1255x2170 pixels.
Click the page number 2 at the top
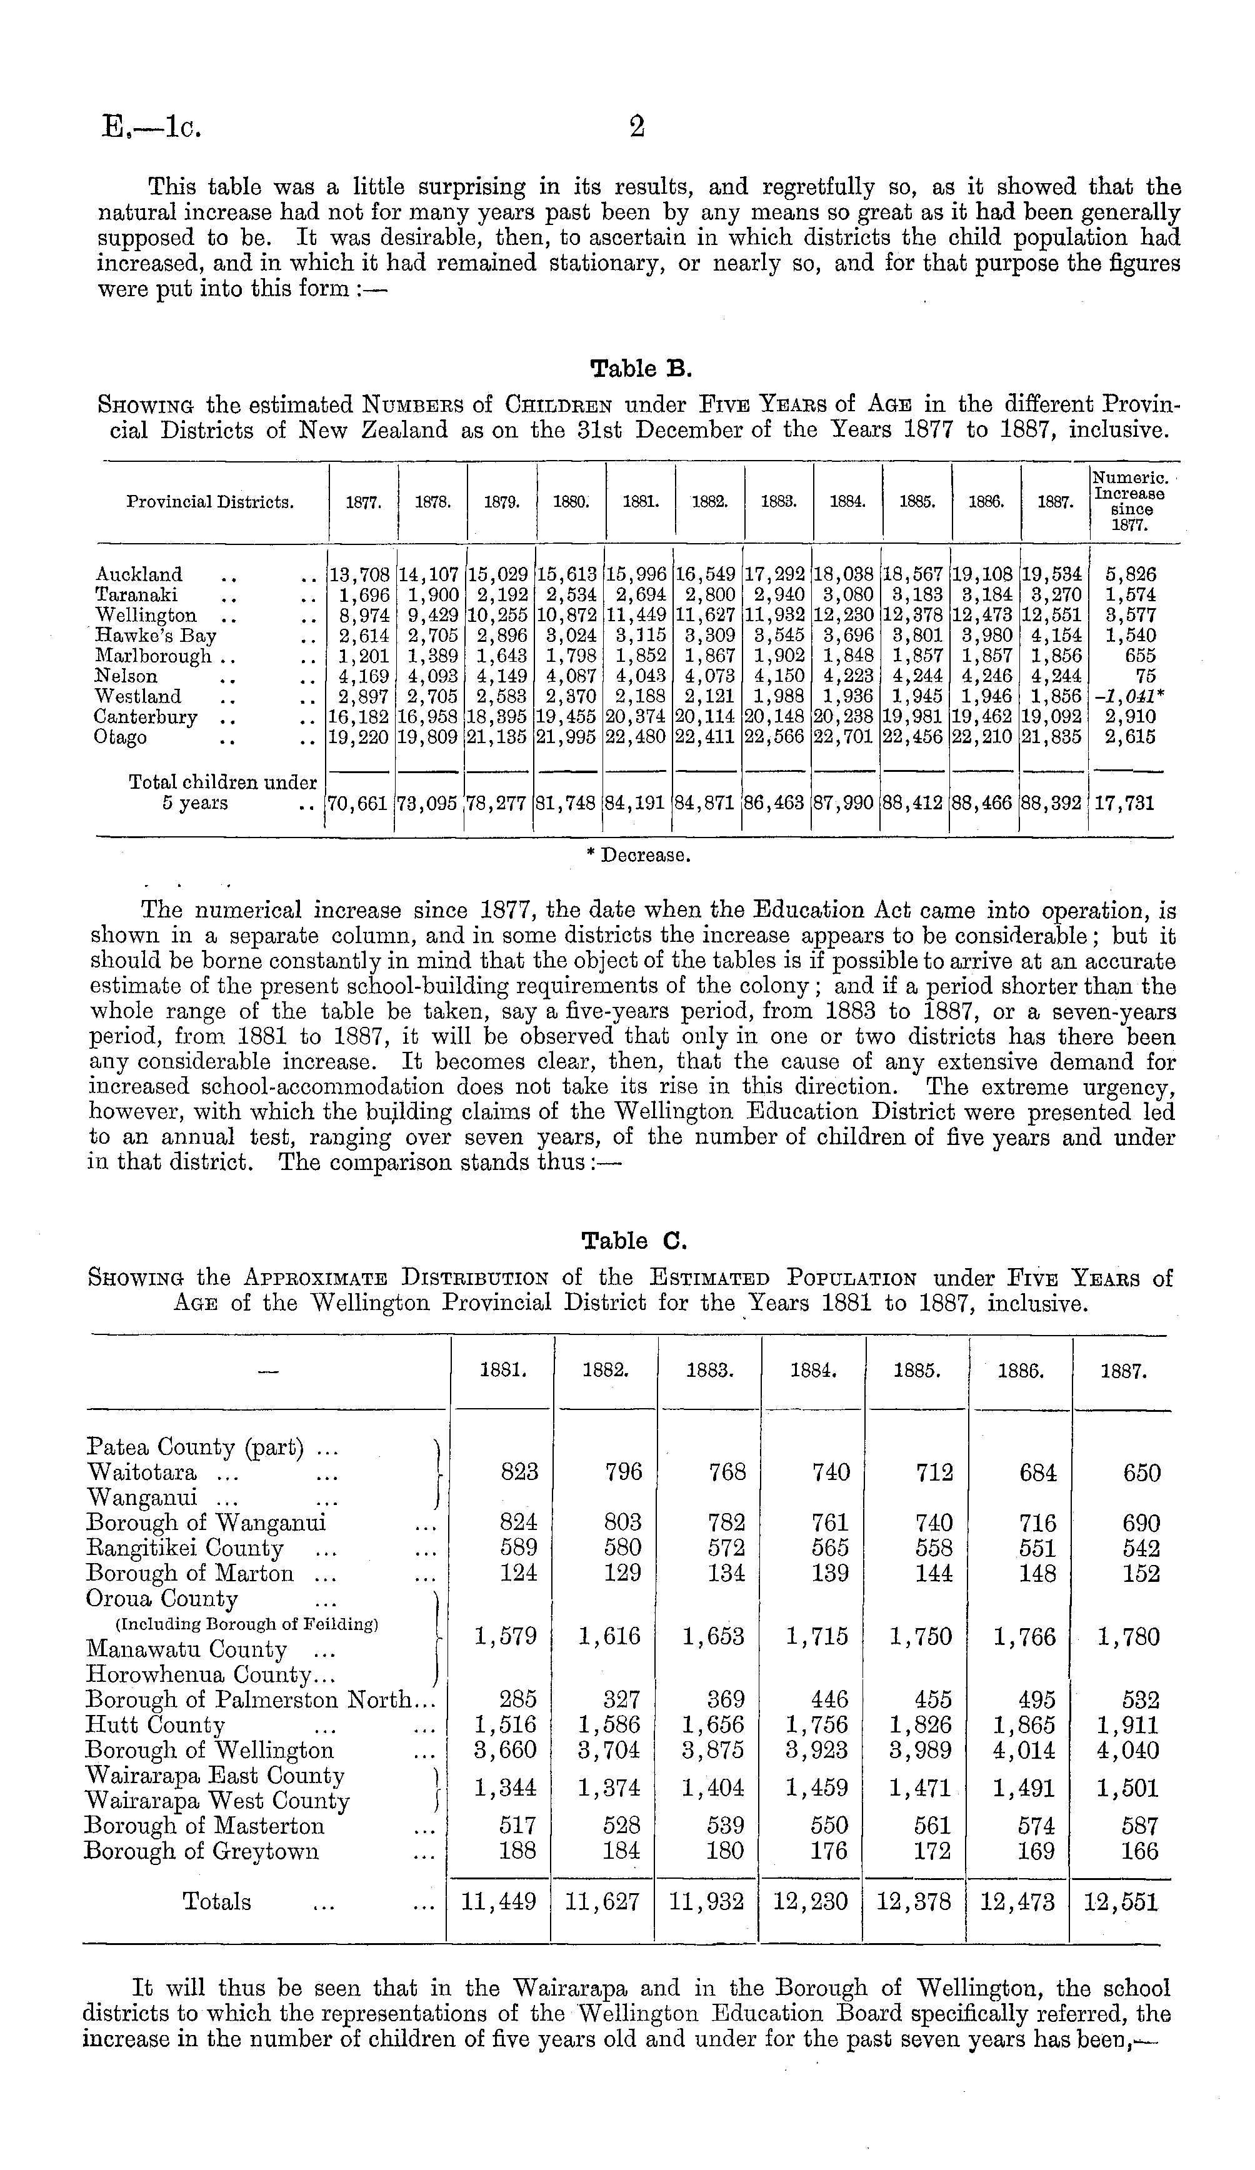pyautogui.click(x=636, y=127)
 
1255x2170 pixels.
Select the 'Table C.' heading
pyautogui.click(x=634, y=1241)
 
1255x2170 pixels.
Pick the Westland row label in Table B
pyautogui.click(x=138, y=697)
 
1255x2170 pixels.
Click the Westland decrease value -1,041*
pyautogui.click(x=1129, y=697)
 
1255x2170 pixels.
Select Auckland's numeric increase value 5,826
pyautogui.click(x=1131, y=574)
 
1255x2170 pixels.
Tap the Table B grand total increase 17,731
pyautogui.click(x=1126, y=803)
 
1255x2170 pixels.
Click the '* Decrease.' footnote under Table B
pyautogui.click(x=636, y=856)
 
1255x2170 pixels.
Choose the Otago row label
pyautogui.click(x=121, y=738)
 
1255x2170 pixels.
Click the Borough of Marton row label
pyautogui.click(x=191, y=1573)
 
